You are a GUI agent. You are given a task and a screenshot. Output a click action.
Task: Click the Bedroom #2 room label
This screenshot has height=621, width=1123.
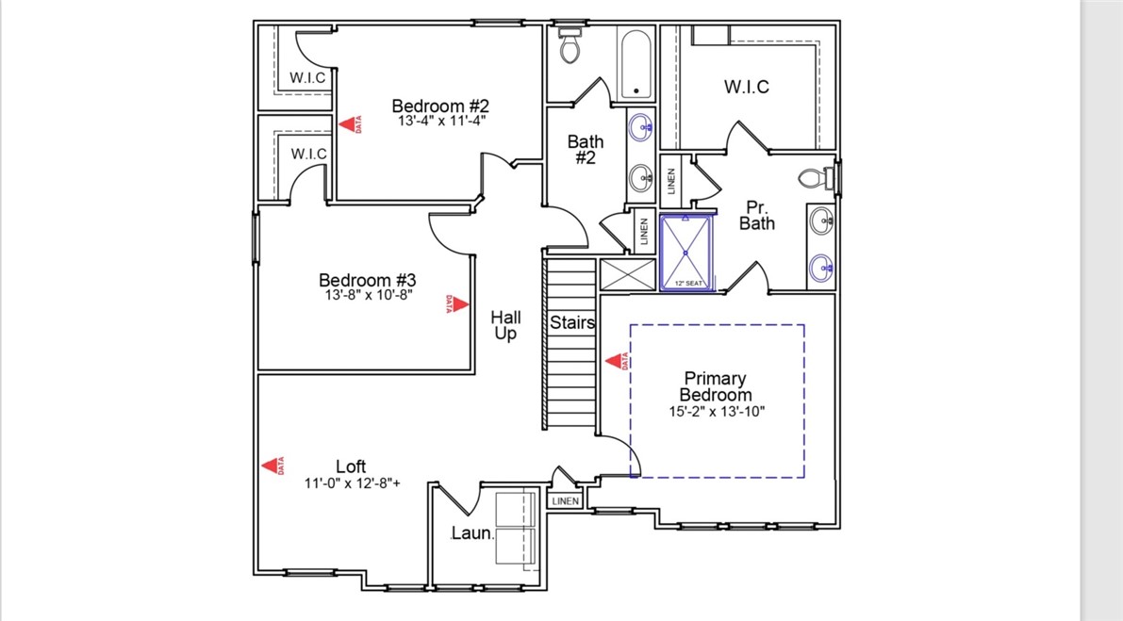click(x=440, y=106)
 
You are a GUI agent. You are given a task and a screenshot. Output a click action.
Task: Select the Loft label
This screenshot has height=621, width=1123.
click(x=351, y=466)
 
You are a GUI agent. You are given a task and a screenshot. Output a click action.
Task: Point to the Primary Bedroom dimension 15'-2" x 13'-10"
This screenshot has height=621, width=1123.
click(x=717, y=411)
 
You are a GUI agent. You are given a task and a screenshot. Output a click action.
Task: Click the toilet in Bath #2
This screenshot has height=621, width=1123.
click(x=570, y=47)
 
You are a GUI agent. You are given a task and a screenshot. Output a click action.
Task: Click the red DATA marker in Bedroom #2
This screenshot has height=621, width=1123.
click(x=350, y=124)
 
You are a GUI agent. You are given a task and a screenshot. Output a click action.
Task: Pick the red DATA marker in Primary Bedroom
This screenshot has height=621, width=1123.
click(x=617, y=360)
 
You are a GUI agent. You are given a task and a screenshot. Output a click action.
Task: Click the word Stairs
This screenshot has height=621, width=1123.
click(x=572, y=322)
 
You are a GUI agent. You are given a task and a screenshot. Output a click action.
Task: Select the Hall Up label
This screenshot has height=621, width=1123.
click(x=505, y=326)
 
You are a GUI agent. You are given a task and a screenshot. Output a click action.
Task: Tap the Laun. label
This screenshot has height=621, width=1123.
click(x=472, y=533)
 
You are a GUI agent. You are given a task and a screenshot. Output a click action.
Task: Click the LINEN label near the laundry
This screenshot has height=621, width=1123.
click(x=565, y=501)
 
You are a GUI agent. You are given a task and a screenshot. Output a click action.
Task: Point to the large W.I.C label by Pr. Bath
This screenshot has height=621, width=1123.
click(x=746, y=87)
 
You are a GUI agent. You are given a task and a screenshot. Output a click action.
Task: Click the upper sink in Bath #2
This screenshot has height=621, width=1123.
click(x=642, y=124)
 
